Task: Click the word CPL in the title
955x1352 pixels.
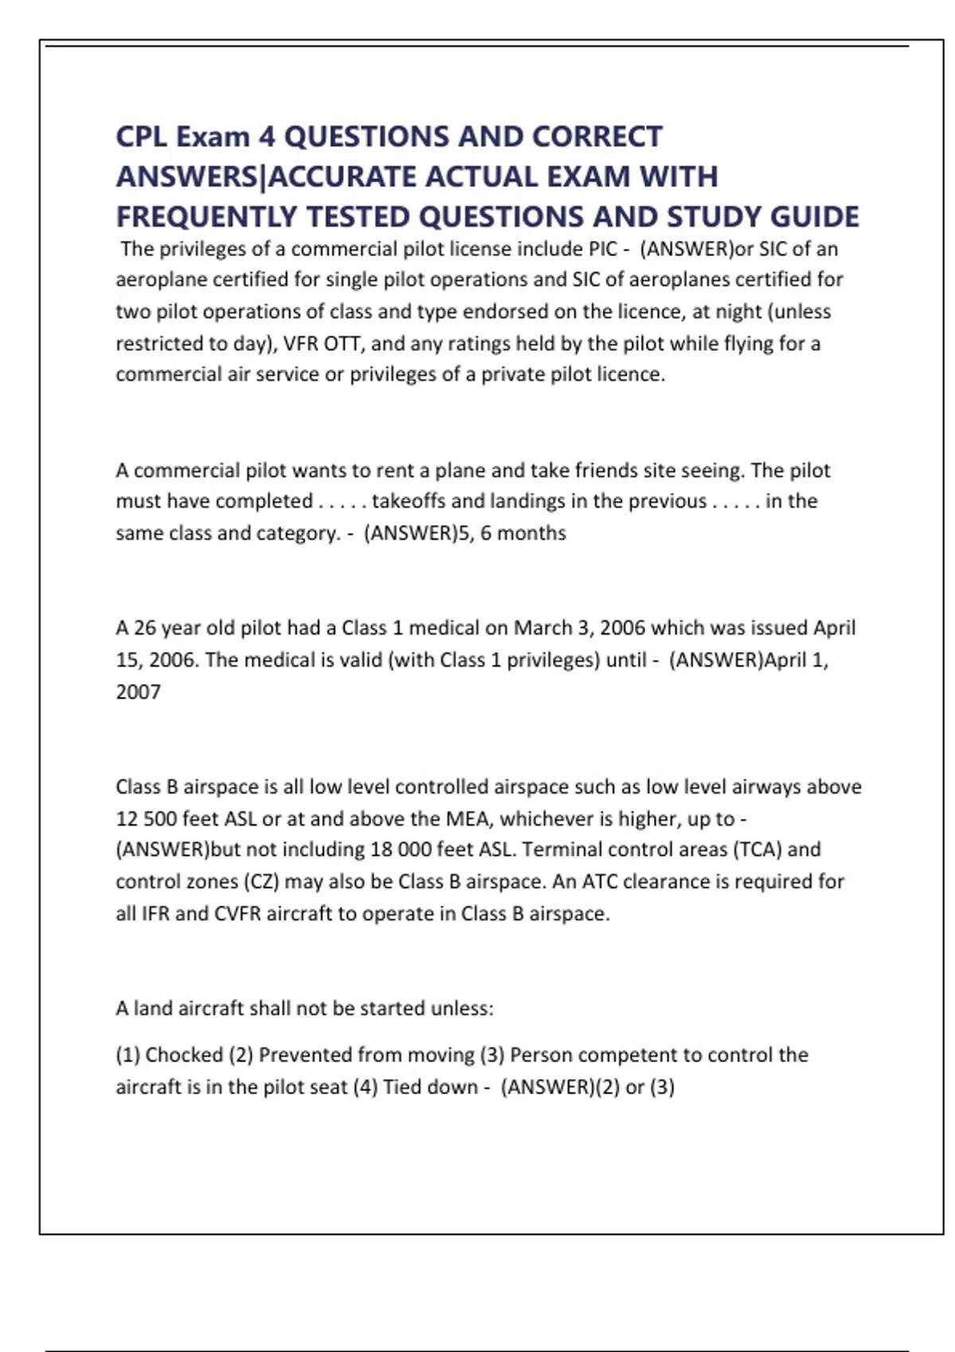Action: coord(142,137)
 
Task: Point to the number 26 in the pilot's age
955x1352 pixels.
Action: coord(144,628)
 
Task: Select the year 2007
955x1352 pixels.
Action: coord(138,692)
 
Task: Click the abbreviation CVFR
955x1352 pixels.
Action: coord(237,914)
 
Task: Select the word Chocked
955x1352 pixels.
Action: coord(184,1055)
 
